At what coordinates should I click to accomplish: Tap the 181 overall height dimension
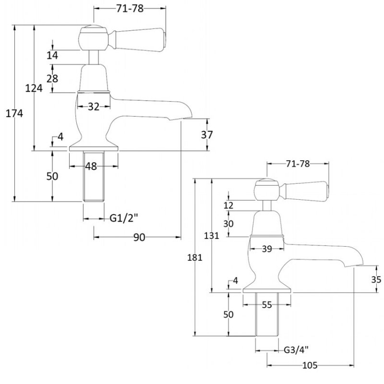[x=194, y=257]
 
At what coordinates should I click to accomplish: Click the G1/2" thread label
[x=123, y=218]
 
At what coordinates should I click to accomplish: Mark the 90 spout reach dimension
[x=140, y=238]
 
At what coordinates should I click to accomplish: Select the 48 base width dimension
[x=91, y=167]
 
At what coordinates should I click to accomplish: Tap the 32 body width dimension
[x=94, y=107]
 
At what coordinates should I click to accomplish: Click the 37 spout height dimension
[x=207, y=135]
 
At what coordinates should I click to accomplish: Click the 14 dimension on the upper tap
[x=52, y=56]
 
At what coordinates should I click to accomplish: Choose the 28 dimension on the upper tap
[x=52, y=78]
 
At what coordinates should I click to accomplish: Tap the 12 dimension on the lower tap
[x=228, y=205]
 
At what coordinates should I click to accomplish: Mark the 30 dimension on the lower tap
[x=228, y=224]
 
